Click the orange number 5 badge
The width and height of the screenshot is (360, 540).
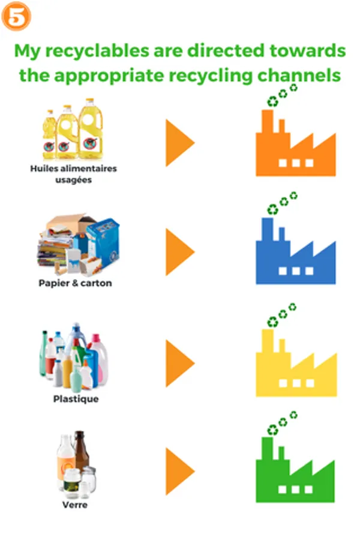point(16,18)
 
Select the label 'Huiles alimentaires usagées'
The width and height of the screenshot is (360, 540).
point(73,174)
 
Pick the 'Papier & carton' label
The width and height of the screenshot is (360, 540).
point(75,283)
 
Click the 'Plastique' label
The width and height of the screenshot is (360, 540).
point(76,398)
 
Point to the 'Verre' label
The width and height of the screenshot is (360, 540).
point(75,505)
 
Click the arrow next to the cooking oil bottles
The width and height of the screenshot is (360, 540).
point(179,143)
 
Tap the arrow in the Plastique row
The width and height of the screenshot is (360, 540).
point(179,363)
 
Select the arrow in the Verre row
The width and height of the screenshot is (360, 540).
point(179,470)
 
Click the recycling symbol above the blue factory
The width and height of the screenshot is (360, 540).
point(273,209)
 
